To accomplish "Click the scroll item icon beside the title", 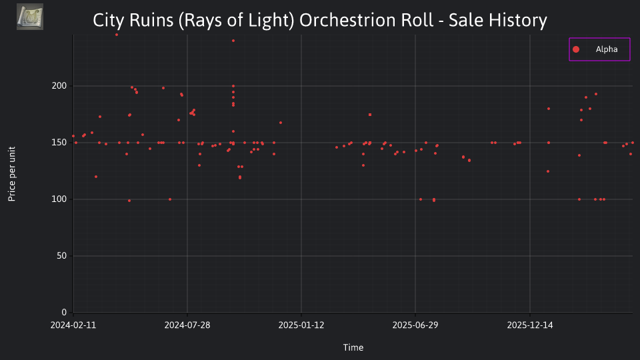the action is click(x=30, y=17).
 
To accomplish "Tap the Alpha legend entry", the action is click(x=599, y=49).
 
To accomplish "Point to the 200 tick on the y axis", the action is click(x=59, y=86).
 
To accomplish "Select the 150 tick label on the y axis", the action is click(x=59, y=143).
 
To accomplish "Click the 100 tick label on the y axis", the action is click(x=59, y=199).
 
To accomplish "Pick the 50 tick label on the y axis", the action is click(x=61, y=256).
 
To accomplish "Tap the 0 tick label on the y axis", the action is click(x=64, y=313).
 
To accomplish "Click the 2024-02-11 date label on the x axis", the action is click(x=73, y=325).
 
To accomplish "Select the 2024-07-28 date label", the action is click(x=187, y=325).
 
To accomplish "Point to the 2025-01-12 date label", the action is click(x=301, y=325).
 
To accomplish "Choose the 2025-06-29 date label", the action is click(x=415, y=325).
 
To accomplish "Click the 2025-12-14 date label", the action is click(x=530, y=325).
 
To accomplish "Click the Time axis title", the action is click(x=353, y=348).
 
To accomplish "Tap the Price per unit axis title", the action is click(x=12, y=174).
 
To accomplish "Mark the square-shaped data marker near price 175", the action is click(x=370, y=115).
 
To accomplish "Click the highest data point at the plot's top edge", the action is click(x=117, y=35).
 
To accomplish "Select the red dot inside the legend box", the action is click(x=576, y=49).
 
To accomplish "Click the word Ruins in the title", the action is click(x=151, y=20).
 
